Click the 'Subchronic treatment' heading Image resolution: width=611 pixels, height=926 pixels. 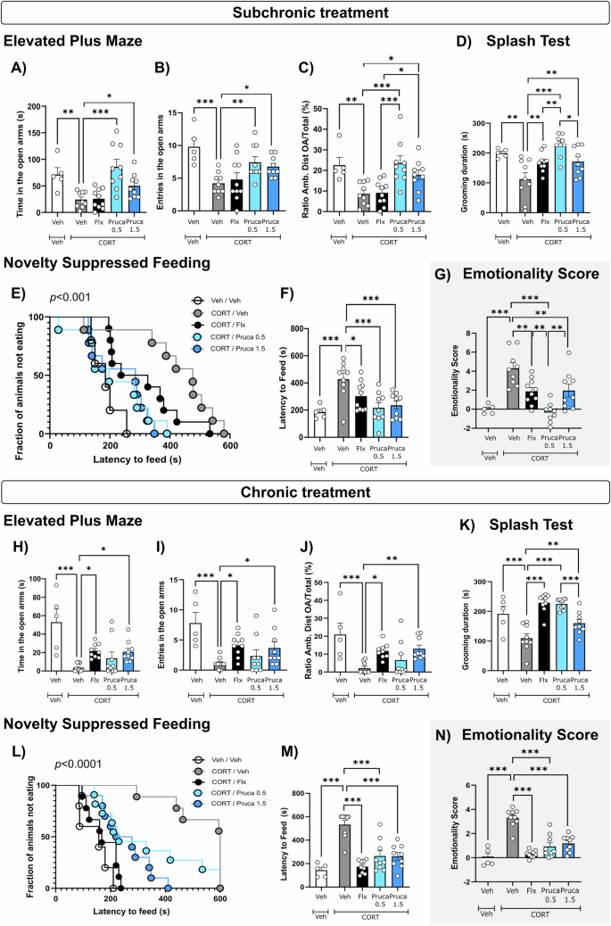tap(305, 12)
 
